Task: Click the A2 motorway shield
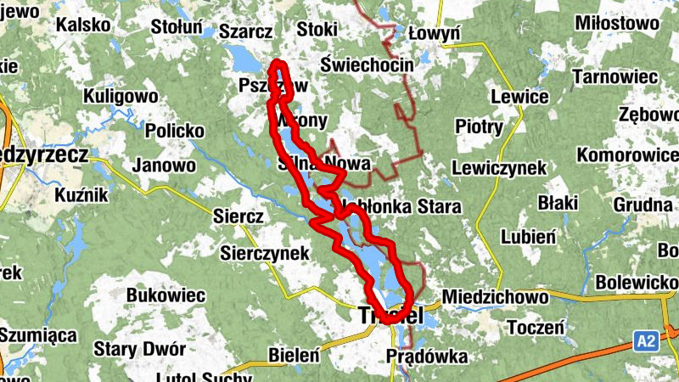646,341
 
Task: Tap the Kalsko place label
83,25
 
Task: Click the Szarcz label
245,31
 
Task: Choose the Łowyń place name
434,33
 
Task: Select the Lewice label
519,96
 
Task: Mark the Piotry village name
479,126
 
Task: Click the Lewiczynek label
499,168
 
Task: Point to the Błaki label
558,202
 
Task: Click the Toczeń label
536,327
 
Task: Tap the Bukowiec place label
166,295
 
